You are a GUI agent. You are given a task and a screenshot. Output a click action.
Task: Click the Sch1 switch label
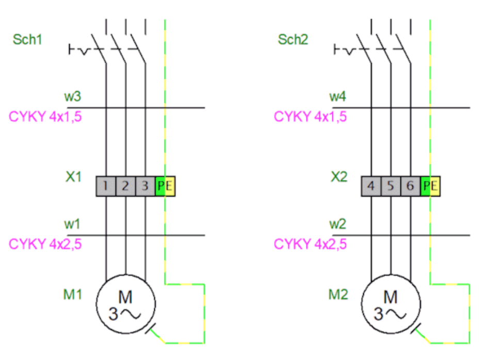pos(27,39)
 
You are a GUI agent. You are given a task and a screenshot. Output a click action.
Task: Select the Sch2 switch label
pos(293,39)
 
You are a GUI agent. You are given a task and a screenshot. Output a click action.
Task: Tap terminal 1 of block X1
pos(106,186)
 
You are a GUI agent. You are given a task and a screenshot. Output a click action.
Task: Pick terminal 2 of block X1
pos(126,186)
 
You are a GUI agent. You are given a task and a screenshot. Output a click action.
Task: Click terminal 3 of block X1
pos(146,186)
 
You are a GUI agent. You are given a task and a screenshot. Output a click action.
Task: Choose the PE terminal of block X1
pos(165,186)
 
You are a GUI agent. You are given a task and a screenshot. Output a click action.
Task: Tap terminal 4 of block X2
pos(371,186)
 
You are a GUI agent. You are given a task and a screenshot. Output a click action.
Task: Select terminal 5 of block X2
pos(391,186)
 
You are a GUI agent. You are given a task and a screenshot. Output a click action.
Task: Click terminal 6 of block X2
pos(411,186)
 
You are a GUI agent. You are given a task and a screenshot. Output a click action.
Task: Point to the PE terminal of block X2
pos(430,186)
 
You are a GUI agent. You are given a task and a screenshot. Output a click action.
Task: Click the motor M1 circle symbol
pos(96,304)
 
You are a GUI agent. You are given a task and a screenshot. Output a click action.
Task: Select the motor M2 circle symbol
pos(362,304)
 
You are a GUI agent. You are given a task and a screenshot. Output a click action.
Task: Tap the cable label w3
pos(72,96)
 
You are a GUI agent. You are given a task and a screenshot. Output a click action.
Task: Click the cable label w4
pos(337,96)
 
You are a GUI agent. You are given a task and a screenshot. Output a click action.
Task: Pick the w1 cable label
pos(72,224)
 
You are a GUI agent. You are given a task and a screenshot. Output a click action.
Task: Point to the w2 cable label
pos(337,224)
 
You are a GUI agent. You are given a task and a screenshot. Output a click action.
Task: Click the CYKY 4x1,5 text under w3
pos(45,117)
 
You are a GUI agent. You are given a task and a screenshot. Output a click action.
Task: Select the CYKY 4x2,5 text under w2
pos(310,244)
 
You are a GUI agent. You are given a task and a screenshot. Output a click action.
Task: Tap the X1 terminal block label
pos(74,177)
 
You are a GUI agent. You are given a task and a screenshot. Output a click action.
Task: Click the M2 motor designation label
pos(338,294)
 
